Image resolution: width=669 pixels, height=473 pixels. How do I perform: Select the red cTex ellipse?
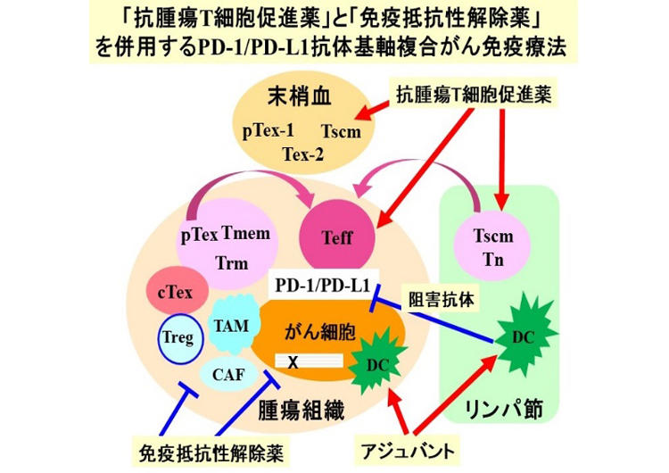[176, 291]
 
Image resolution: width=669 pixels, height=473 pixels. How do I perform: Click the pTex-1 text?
[268, 130]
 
